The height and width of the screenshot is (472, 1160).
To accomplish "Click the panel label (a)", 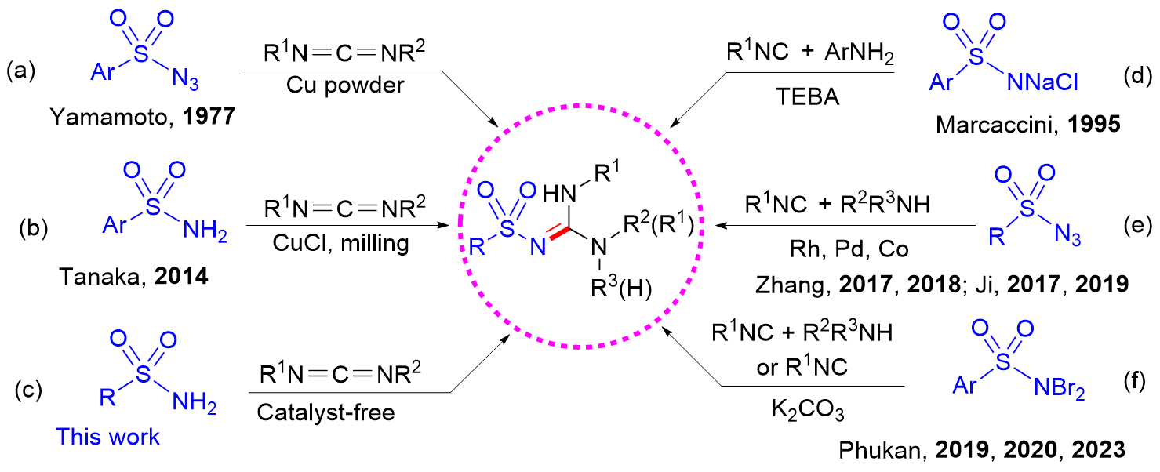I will (22, 74).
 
